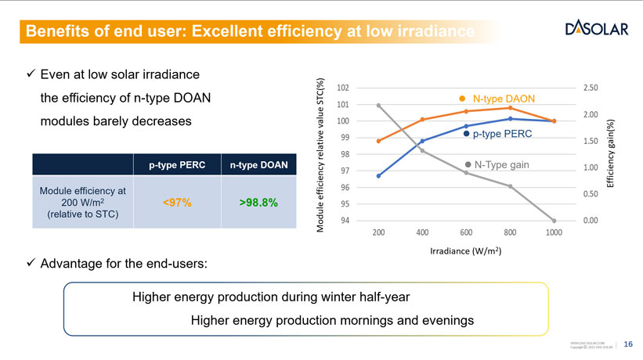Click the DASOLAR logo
(596, 29)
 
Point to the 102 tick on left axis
(343, 87)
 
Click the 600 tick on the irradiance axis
(466, 233)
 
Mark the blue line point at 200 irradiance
(378, 176)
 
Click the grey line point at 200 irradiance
(378, 105)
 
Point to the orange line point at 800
(510, 107)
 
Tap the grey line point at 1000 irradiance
(554, 221)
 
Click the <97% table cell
(176, 203)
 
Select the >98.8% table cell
(259, 203)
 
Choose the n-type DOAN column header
(259, 165)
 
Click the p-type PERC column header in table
(176, 165)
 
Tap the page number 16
(627, 345)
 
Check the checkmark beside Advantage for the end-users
(31, 262)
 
